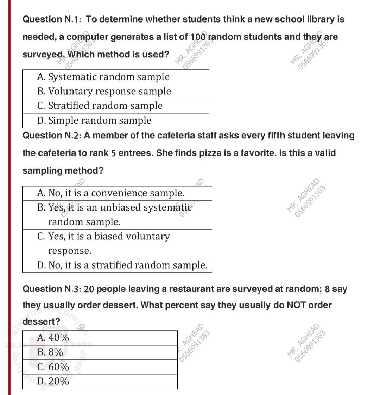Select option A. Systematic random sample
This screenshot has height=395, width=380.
click(103, 77)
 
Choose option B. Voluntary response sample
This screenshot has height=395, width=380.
click(104, 91)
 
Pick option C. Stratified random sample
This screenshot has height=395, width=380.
click(100, 106)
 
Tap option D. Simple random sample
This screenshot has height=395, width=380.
click(94, 120)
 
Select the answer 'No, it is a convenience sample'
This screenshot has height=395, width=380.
click(111, 193)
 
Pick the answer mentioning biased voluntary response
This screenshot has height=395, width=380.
click(103, 243)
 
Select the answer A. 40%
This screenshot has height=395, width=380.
click(53, 338)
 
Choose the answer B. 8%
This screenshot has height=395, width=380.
click(50, 352)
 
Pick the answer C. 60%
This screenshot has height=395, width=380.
click(53, 367)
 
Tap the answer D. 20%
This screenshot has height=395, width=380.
click(53, 381)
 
